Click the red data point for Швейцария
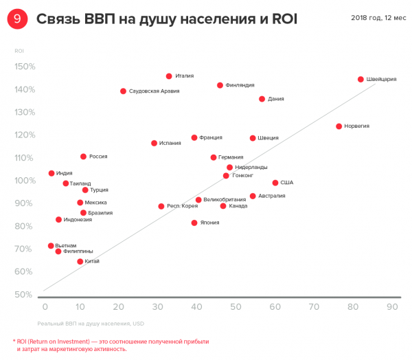pyautogui.click(x=360, y=79)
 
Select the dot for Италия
pyautogui.click(x=169, y=76)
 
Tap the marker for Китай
pyautogui.click(x=80, y=262)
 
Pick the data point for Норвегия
pyautogui.click(x=339, y=126)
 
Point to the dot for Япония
pyautogui.click(x=194, y=223)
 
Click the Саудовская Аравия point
pyautogui.click(x=123, y=91)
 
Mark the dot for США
pyautogui.click(x=275, y=183)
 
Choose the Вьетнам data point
pyautogui.click(x=50, y=246)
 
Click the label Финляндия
pyautogui.click(x=240, y=85)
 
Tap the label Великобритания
pyautogui.click(x=224, y=200)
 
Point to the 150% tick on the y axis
pyautogui.click(x=25, y=67)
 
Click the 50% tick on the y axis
pyautogui.click(x=25, y=295)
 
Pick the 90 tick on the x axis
pyautogui.click(x=391, y=306)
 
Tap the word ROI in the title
pyautogui.click(x=283, y=19)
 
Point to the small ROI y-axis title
pyautogui.click(x=19, y=50)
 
